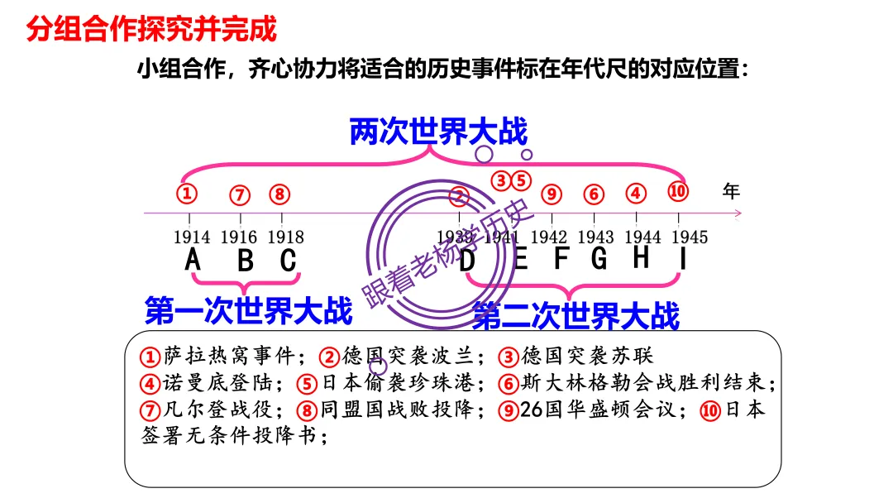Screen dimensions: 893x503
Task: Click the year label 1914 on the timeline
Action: click(192, 237)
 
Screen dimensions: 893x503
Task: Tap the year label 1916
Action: click(239, 237)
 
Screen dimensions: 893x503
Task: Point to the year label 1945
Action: click(689, 237)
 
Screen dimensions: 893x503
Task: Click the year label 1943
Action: click(595, 237)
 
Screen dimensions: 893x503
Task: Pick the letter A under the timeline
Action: click(193, 260)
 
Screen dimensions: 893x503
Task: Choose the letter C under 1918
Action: click(288, 260)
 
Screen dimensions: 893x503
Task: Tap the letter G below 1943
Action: click(599, 259)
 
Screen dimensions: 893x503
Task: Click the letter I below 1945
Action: click(683, 259)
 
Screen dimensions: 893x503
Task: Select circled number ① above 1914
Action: click(188, 194)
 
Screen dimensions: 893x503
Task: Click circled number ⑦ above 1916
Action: click(240, 195)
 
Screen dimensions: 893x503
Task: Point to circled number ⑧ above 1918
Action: click(279, 194)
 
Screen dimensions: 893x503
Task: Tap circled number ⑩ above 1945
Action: click(678, 191)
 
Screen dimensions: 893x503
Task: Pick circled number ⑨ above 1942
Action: click(552, 194)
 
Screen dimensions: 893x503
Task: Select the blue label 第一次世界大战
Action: click(248, 310)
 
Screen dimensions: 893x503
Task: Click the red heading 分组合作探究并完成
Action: click(151, 29)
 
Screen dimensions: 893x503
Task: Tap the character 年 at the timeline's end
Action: click(731, 191)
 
